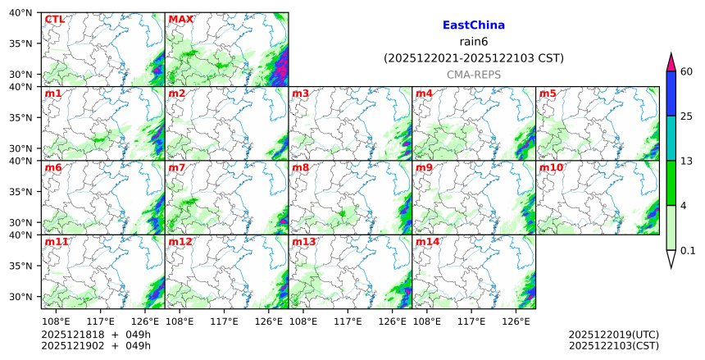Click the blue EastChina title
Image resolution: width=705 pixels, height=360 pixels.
click(x=473, y=25)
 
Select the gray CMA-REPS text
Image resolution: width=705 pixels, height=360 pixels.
click(x=473, y=75)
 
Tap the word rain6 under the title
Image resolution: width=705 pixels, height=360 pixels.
click(x=473, y=42)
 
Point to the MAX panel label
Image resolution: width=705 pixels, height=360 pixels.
click(x=180, y=20)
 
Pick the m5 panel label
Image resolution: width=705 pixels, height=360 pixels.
click(x=548, y=93)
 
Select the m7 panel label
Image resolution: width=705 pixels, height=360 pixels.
click(x=177, y=168)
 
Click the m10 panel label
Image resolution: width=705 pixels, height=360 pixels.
click(x=551, y=168)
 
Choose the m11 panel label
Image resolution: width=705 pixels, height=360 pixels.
click(x=57, y=242)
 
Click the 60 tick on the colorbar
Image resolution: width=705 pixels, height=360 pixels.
click(x=688, y=71)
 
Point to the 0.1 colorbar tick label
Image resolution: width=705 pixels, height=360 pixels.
click(x=688, y=251)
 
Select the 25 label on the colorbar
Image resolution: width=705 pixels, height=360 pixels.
click(x=688, y=116)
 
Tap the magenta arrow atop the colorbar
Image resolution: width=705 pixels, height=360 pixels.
click(x=671, y=62)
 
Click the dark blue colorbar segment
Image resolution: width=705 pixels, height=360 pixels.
click(x=671, y=93)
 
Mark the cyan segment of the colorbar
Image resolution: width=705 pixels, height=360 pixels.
click(x=671, y=138)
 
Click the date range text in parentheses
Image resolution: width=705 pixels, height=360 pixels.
click(x=473, y=58)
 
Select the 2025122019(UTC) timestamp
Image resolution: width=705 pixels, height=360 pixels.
click(x=613, y=335)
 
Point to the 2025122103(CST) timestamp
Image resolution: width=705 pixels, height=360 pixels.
click(x=613, y=346)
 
